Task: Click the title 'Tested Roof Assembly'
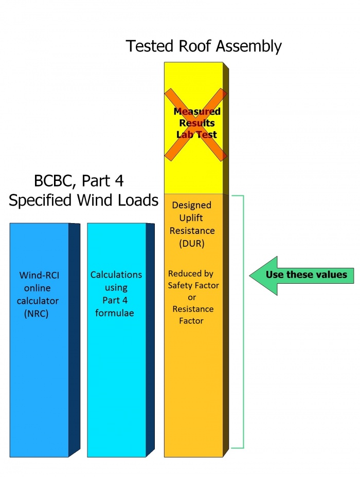pyautogui.click(x=204, y=46)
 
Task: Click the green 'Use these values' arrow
pyautogui.click(x=301, y=275)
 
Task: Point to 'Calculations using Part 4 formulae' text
pyautogui.click(x=116, y=293)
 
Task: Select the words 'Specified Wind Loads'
pyautogui.click(x=83, y=200)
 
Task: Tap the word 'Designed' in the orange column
pyautogui.click(x=192, y=205)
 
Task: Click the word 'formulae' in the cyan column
pyautogui.click(x=114, y=313)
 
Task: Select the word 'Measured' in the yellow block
pyautogui.click(x=197, y=112)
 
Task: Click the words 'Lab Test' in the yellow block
pyautogui.click(x=197, y=135)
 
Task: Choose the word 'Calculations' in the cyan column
pyautogui.click(x=116, y=274)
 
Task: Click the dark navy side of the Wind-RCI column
pyautogui.click(x=75, y=339)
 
